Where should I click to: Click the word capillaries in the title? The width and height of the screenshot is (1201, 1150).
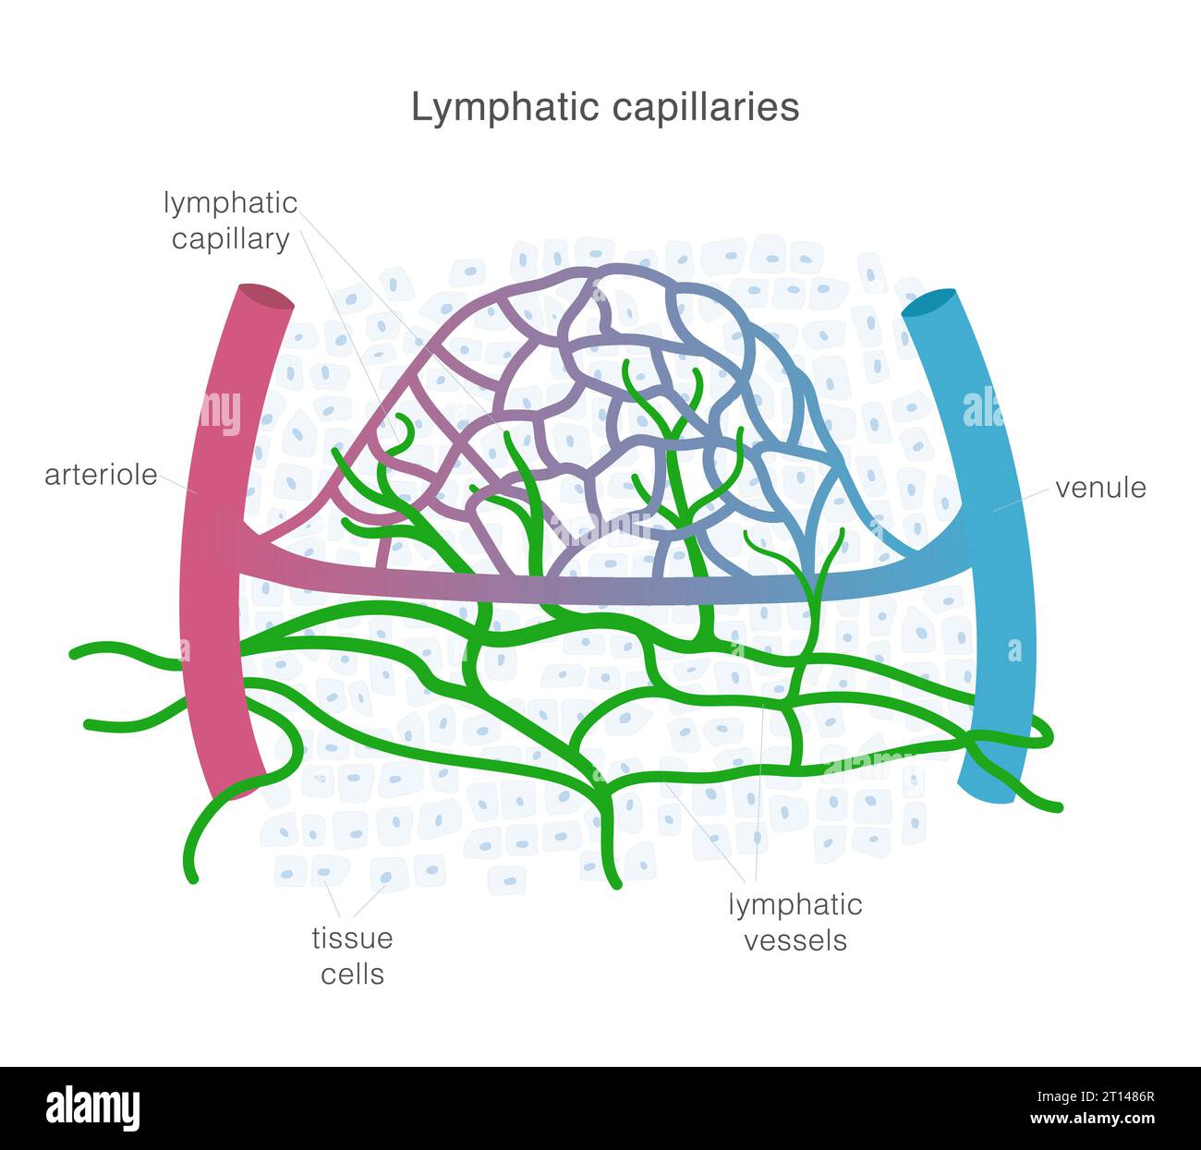pos(704,107)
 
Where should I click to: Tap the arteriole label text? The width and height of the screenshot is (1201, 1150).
pos(101,476)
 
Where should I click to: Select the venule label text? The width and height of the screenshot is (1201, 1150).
pos(1100,488)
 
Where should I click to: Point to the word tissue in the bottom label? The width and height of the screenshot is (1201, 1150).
pos(352,938)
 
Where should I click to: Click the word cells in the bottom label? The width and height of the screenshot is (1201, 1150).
pos(352,974)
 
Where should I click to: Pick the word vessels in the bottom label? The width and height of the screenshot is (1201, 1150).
pos(795,940)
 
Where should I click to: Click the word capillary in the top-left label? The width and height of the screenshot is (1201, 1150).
pos(230,238)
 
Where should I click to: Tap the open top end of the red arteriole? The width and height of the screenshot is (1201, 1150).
pos(266,297)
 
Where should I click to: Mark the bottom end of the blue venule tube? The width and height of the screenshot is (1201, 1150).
pos(989,791)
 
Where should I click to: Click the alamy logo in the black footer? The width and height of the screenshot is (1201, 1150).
pos(93,1108)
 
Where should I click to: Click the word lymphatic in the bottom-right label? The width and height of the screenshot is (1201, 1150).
pos(795,904)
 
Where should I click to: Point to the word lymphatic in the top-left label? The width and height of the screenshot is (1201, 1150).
pos(230,202)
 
